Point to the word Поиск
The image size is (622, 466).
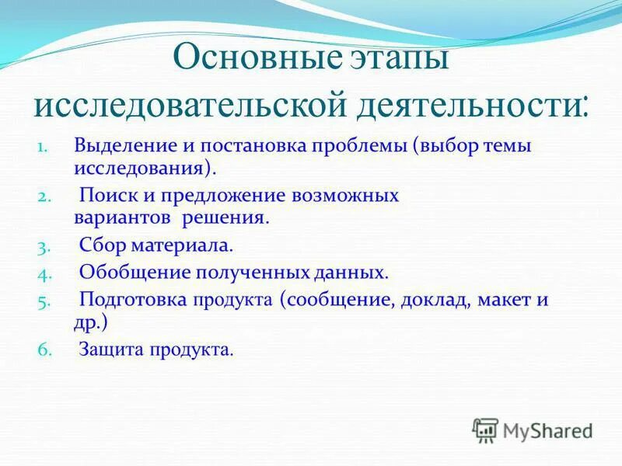pos(106,196)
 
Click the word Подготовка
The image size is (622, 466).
pos(130,301)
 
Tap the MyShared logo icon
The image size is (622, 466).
pos(485,429)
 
